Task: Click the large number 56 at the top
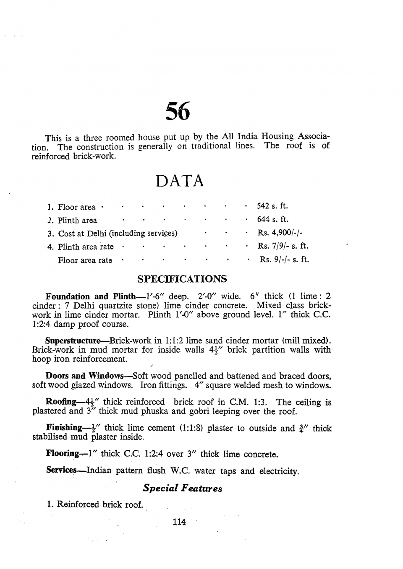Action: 178,111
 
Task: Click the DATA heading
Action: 180,181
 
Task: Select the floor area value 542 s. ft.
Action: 272,206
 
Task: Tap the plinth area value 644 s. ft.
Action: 273,219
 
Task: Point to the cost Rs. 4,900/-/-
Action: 280,233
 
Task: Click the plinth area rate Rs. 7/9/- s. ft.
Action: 283,246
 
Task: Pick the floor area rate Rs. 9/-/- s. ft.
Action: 284,260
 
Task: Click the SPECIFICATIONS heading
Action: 182,279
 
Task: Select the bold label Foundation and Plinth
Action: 90,296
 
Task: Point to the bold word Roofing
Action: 61,402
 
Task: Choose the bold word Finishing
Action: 64,428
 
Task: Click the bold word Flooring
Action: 62,454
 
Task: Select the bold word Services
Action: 61,470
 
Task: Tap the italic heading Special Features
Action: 183,488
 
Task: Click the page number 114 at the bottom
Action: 179,522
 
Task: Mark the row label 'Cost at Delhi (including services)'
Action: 118,234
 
